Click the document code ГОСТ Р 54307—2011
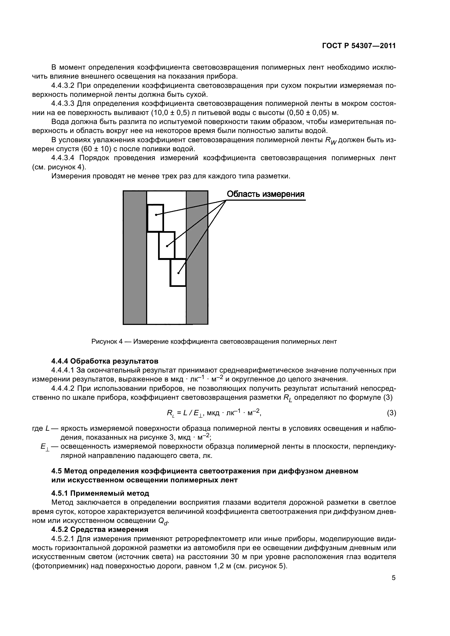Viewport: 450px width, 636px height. pos(359,46)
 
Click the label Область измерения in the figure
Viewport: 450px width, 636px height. pos(266,194)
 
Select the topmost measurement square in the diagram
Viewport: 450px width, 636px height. pos(155,218)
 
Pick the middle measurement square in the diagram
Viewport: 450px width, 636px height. pos(167,246)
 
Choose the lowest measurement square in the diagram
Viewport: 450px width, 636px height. pos(178,272)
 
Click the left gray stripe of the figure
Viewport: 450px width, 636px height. pos(135,257)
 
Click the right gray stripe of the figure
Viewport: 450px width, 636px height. pos(197,257)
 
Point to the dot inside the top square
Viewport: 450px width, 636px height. pos(156,215)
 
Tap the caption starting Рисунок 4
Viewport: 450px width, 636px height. pos(214,342)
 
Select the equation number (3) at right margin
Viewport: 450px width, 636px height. pos(391,413)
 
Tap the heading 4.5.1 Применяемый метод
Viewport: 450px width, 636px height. pos(100,493)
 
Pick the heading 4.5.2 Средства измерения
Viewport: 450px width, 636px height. pos(100,529)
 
